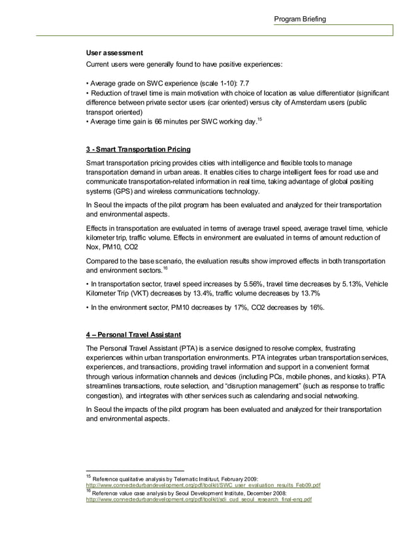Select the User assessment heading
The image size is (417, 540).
[116, 52]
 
